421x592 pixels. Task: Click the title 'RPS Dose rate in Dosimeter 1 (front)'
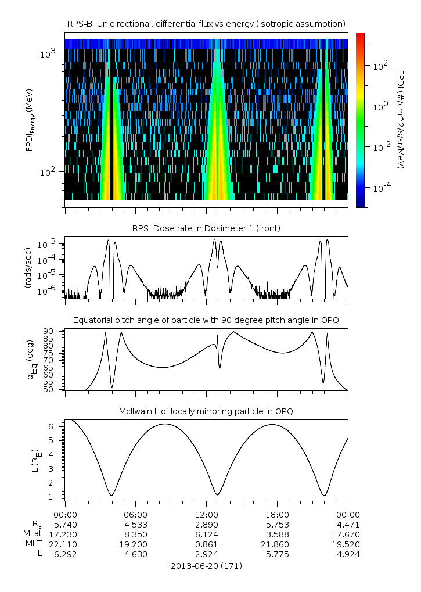(206, 228)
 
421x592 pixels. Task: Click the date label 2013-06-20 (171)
(206, 565)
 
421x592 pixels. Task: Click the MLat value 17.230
(65, 533)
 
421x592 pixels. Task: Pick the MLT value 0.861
(206, 544)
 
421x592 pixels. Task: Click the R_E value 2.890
(206, 523)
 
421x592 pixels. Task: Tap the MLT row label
(31, 544)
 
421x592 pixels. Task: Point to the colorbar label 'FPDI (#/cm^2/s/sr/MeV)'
(400, 120)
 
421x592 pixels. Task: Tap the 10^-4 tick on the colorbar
(380, 188)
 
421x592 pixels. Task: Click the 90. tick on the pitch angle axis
(49, 331)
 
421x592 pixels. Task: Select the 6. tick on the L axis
(51, 426)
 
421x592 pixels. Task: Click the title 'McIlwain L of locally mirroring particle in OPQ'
(206, 411)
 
